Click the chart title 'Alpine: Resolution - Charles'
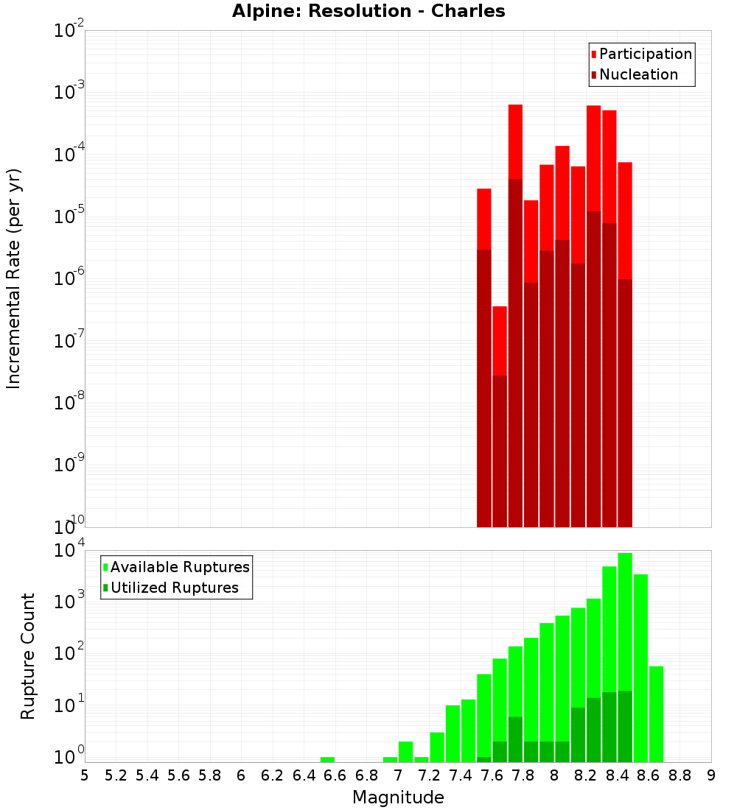[x=368, y=11]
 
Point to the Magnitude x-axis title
[x=398, y=797]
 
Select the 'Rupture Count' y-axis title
[x=28, y=655]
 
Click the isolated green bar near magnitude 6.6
[x=327, y=759]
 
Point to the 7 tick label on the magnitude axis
[x=398, y=775]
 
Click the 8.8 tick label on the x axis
[x=680, y=775]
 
